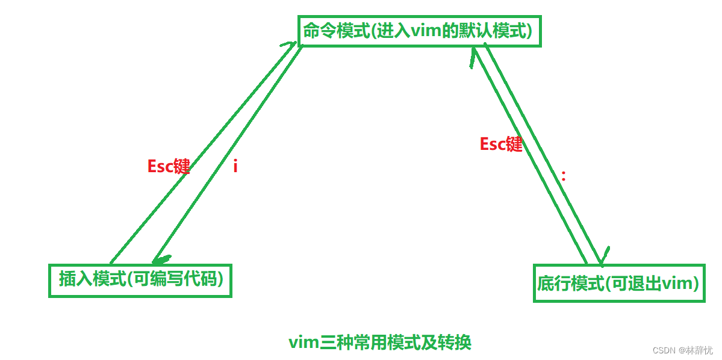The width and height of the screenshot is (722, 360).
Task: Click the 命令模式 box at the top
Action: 419,31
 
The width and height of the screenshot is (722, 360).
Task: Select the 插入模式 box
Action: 140,280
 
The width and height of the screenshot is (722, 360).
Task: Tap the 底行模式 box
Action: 619,283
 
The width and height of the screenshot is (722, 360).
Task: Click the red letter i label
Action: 235,167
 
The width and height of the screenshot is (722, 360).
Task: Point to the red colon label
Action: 564,176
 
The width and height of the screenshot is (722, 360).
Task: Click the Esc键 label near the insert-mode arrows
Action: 169,167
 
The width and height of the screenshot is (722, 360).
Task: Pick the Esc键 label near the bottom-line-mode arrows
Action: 501,144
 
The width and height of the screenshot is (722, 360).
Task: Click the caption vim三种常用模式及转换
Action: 379,343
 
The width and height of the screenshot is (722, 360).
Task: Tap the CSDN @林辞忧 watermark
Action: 682,350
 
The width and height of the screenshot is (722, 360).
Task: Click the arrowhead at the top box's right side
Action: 473,55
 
